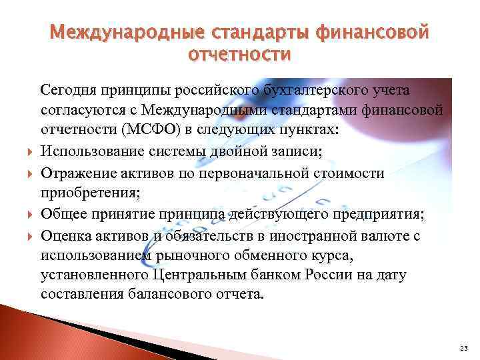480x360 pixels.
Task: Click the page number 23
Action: click(x=464, y=349)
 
